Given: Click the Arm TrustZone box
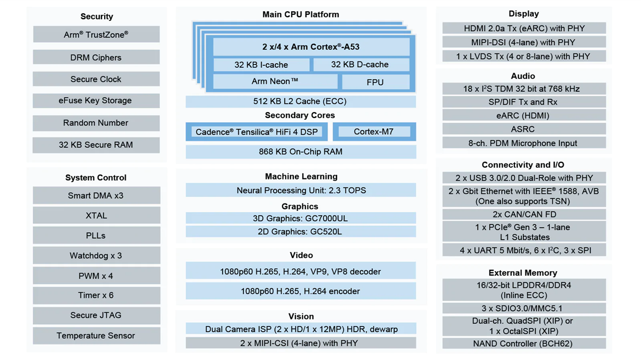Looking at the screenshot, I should pos(96,35).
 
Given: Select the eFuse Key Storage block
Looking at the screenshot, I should pos(96,100).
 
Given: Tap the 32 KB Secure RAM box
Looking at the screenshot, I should pos(96,145).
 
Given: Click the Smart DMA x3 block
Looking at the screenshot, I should pos(96,195).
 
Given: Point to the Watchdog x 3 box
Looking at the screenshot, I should pos(96,255).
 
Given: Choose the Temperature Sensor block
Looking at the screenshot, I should pos(96,335).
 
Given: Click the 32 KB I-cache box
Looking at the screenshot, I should pos(261,65).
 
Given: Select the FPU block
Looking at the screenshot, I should pos(376,82).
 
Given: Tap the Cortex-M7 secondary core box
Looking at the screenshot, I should pos(374,131).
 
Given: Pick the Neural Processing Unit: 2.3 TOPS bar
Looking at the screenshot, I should pos(301,190).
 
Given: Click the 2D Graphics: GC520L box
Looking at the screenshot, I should pos(301,231).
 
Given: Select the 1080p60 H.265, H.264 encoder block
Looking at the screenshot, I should pos(301,291).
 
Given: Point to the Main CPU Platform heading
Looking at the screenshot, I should pos(301,14).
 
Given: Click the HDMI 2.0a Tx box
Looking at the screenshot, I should pos(523,28).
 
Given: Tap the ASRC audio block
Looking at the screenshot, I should pos(523,129).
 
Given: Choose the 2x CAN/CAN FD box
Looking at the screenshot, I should pos(523,214).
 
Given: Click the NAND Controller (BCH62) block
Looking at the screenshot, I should pos(523,343).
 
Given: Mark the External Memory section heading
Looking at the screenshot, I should pos(523,272).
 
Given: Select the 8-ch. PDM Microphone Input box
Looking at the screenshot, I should pos(523,143).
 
